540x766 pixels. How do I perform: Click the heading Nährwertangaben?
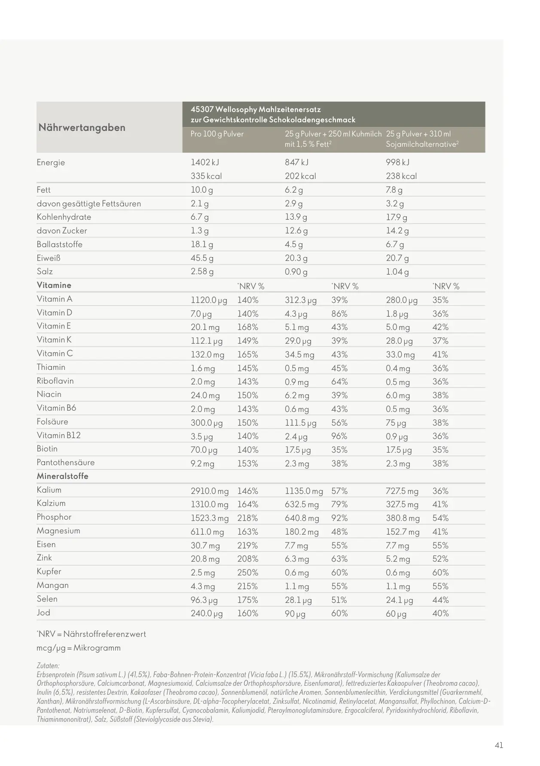tap(82, 127)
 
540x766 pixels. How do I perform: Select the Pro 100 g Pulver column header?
tap(217, 134)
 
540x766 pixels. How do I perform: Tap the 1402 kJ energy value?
tap(204, 162)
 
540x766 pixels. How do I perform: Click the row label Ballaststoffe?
tap(59, 244)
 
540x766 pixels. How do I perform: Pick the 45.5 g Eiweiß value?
tap(202, 258)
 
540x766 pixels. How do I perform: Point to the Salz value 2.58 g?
tap(202, 272)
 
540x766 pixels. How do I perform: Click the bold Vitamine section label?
tap(54, 285)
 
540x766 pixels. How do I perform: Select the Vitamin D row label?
tap(54, 312)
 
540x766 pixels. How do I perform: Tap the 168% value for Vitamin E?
tap(247, 327)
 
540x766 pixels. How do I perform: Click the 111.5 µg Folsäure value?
tap(300, 423)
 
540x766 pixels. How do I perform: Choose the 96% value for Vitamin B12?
tap(339, 436)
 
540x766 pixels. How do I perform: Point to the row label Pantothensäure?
tap(65, 463)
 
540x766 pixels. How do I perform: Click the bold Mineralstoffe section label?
tap(62, 476)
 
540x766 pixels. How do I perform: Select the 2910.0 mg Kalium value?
tap(210, 491)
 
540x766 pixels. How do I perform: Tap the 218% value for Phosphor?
tap(247, 518)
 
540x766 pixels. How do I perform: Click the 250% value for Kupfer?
tap(247, 572)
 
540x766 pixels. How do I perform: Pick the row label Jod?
tap(43, 612)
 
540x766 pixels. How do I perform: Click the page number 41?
tap(499, 745)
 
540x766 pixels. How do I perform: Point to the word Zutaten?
tap(48, 666)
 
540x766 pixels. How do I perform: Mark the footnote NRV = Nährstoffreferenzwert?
tap(92, 634)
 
